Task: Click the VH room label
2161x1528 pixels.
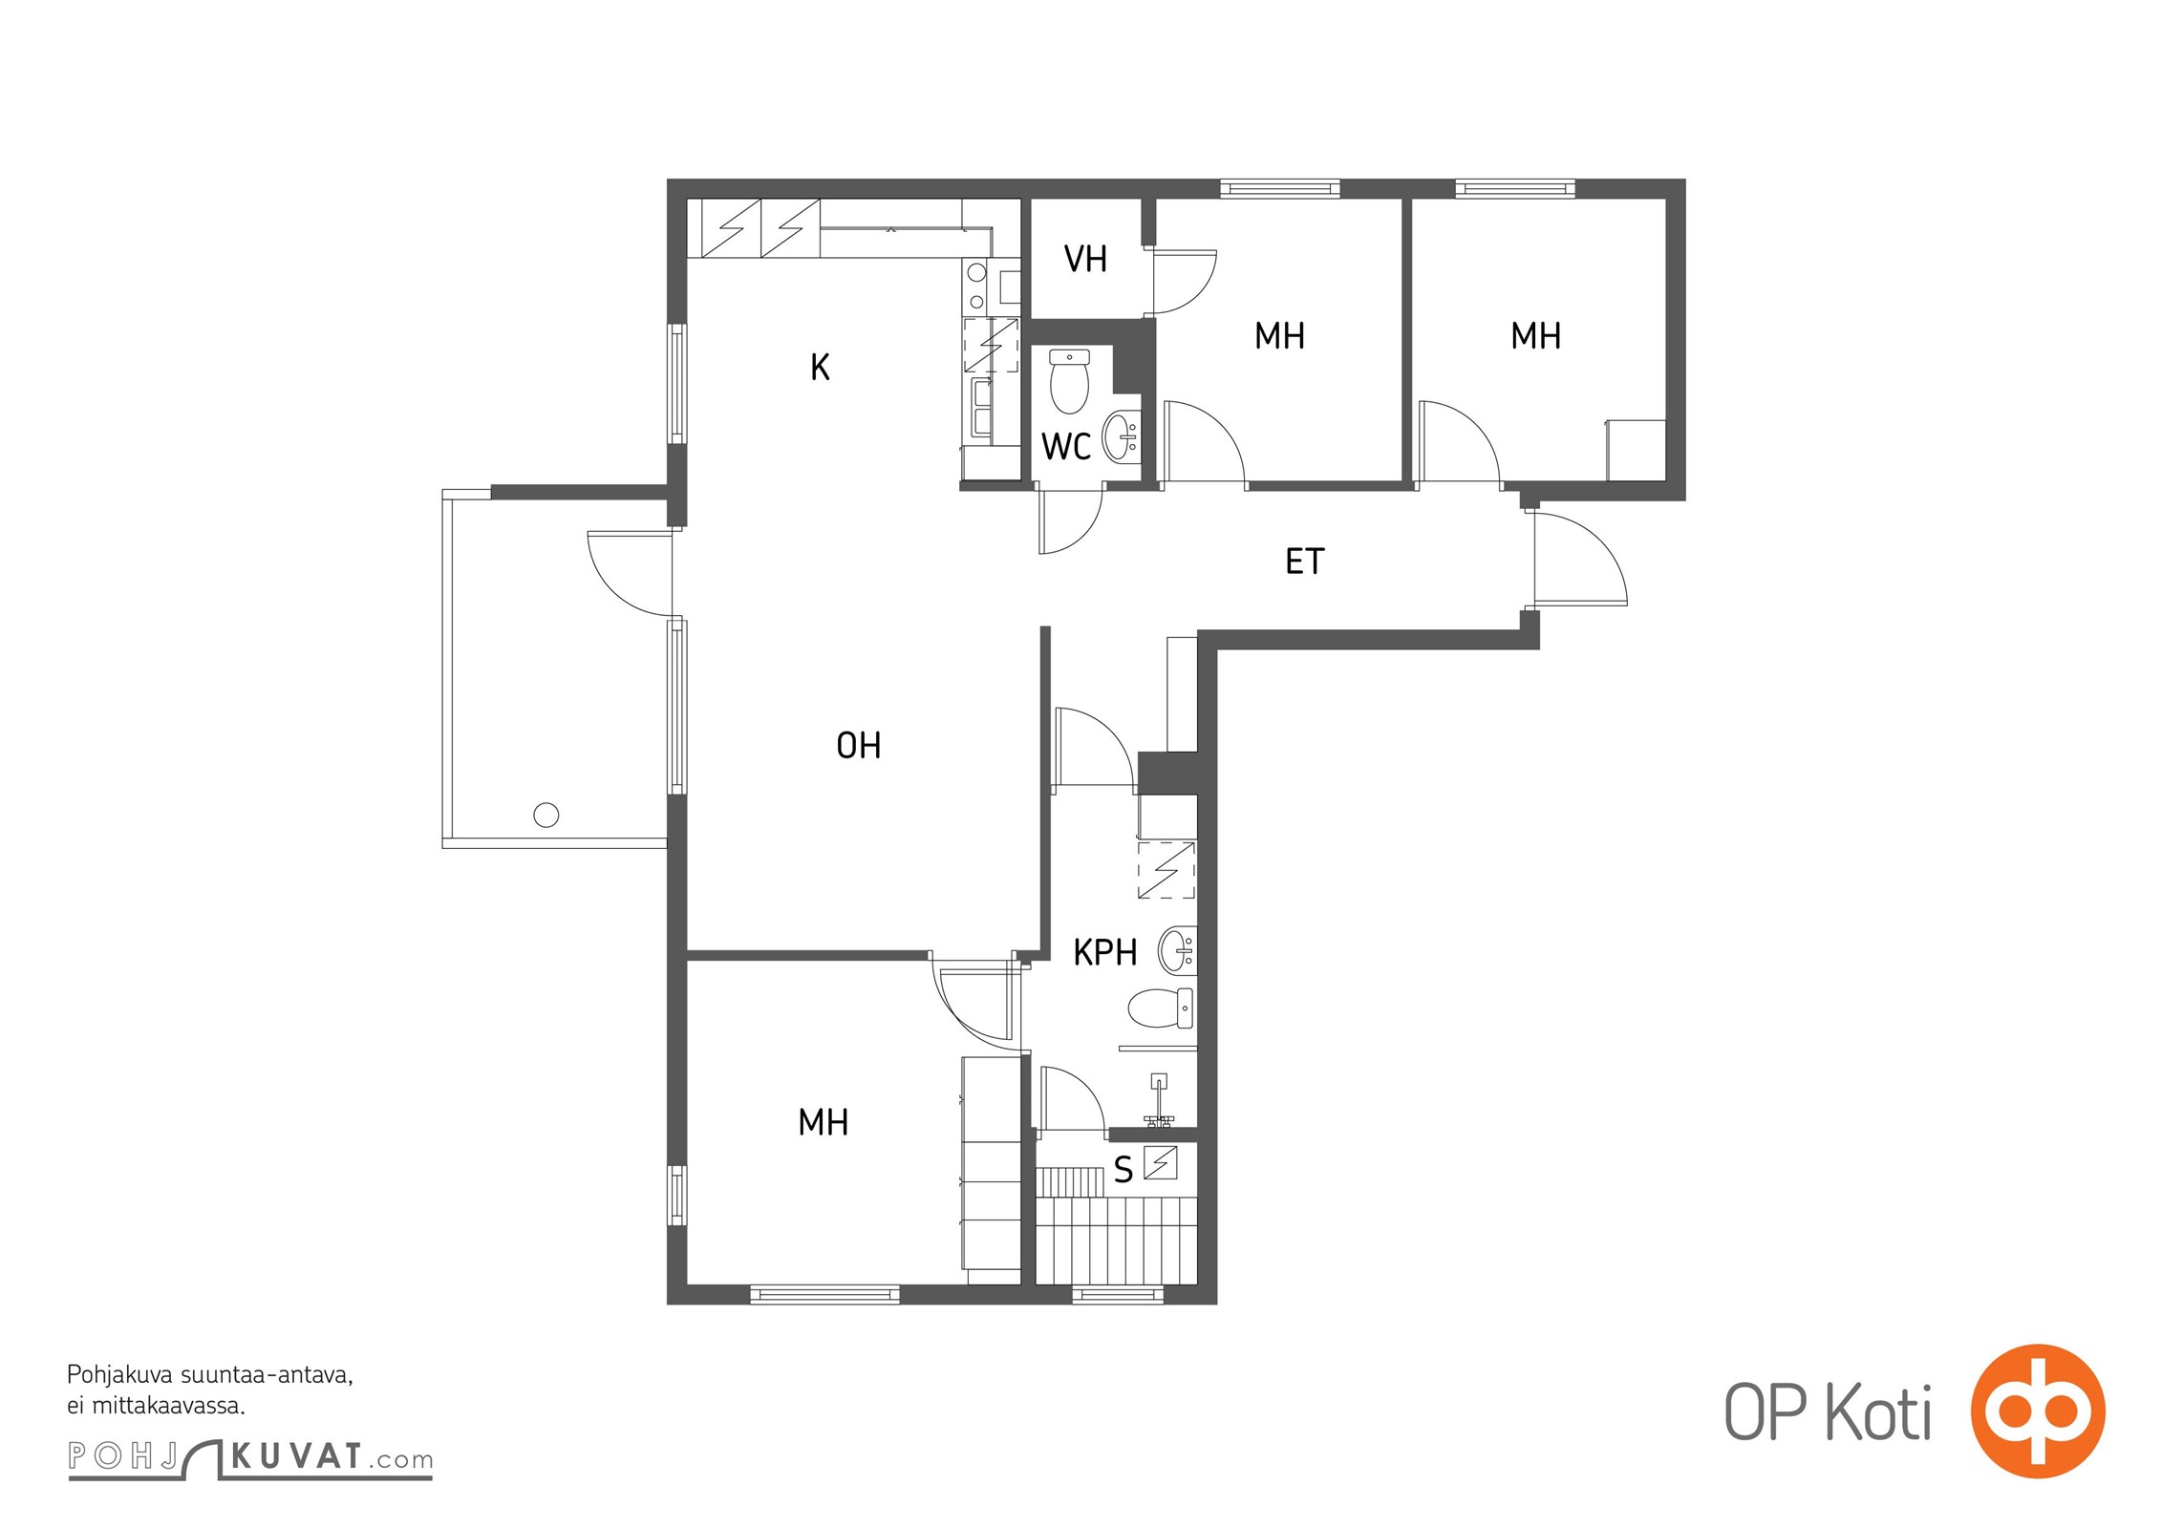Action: [x=1085, y=259]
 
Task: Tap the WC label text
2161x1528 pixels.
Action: [x=1066, y=447]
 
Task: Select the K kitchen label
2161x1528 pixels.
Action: [x=820, y=368]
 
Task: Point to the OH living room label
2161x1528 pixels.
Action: [x=859, y=746]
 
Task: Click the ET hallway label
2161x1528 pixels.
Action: [x=1305, y=562]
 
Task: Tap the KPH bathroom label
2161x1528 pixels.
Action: [x=1105, y=952]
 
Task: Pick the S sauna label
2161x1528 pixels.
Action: [x=1123, y=1170]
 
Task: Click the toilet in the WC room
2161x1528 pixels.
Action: [x=1069, y=381]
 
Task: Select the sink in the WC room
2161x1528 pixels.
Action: [x=1122, y=436]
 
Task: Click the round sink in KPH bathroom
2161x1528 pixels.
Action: [x=1177, y=950]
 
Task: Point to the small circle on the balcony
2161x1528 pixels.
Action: [x=546, y=816]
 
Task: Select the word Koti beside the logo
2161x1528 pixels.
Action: [x=1879, y=1411]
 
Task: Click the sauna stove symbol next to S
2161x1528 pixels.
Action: [x=1160, y=1162]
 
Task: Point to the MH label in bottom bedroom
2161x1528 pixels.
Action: [x=824, y=1122]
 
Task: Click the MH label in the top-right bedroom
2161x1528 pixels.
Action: [x=1536, y=336]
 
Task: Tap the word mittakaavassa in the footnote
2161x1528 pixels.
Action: [x=169, y=1406]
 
